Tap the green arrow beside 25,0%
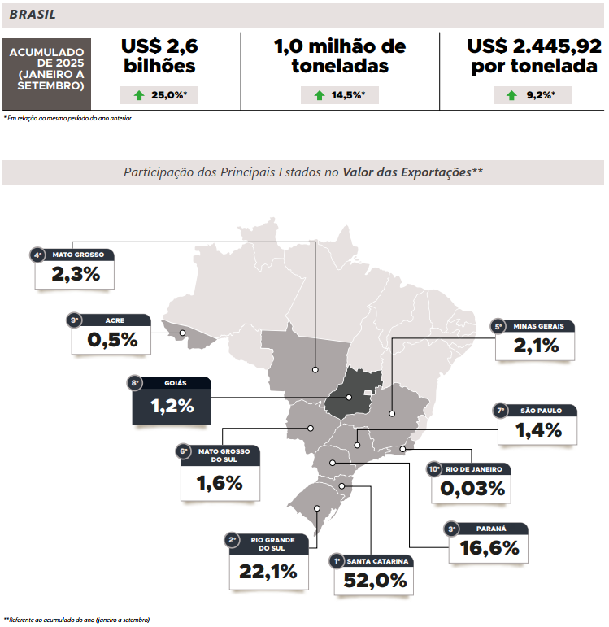[x=139, y=95]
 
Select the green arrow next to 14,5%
[x=319, y=95]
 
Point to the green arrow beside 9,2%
[x=511, y=95]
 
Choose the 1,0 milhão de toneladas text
[x=340, y=57]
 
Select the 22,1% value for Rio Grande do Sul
[x=268, y=572]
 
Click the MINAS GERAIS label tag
[x=542, y=326]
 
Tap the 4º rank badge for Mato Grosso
[x=38, y=255]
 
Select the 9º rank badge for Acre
[x=75, y=320]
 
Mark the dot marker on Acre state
[x=184, y=332]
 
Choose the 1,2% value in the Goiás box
[x=172, y=405]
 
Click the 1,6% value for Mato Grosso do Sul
[x=220, y=483]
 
